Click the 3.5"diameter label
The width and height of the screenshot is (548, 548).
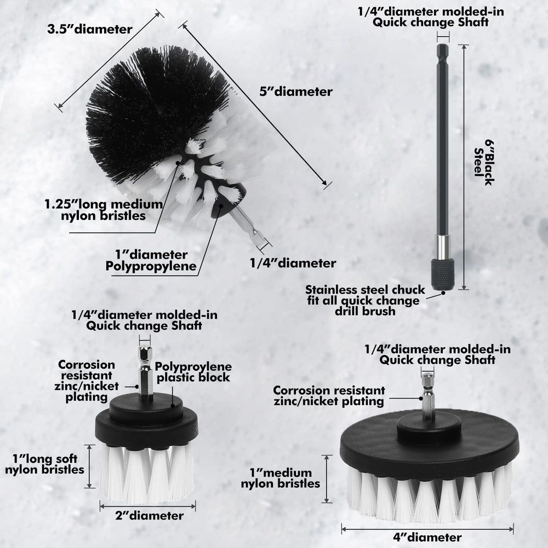tap(90, 29)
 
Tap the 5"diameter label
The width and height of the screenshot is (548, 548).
tap(296, 92)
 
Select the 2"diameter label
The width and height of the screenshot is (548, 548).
tap(149, 516)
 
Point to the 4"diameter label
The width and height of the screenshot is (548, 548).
tap(427, 537)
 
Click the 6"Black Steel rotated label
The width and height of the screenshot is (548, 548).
tap(484, 163)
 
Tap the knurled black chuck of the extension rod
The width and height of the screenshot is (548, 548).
tap(442, 274)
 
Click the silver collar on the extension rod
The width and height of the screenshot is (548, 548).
tap(442, 247)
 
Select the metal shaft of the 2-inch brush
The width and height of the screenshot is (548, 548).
tap(145, 373)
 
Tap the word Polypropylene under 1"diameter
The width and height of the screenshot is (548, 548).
tap(151, 266)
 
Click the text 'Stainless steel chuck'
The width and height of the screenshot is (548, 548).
tap(365, 290)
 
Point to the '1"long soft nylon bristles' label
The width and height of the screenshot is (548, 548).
tap(44, 464)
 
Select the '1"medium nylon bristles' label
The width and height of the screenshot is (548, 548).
tap(280, 478)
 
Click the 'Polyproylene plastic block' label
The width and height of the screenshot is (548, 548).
tap(193, 372)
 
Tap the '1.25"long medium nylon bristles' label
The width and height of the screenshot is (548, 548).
tap(104, 210)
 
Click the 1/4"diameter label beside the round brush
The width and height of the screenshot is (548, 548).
tap(293, 263)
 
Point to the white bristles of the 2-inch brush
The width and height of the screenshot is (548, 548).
tap(146, 473)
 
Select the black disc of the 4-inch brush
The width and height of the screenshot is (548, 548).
tap(430, 442)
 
